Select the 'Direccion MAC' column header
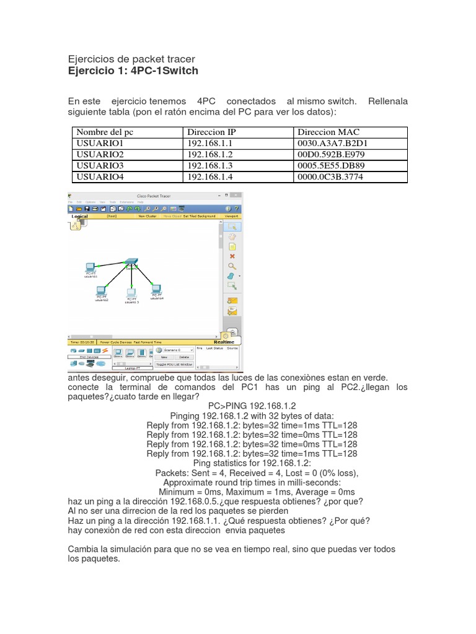328,132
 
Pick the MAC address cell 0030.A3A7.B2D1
332,143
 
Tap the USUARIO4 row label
100,177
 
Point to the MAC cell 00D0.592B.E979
332,154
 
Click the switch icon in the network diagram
131,263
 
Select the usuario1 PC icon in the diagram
90,269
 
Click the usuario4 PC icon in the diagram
156,289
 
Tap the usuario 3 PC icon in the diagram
131,293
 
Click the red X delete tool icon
232,256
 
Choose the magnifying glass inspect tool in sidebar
232,266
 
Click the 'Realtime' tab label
224,342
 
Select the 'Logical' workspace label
80,217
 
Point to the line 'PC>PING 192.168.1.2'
237,405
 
